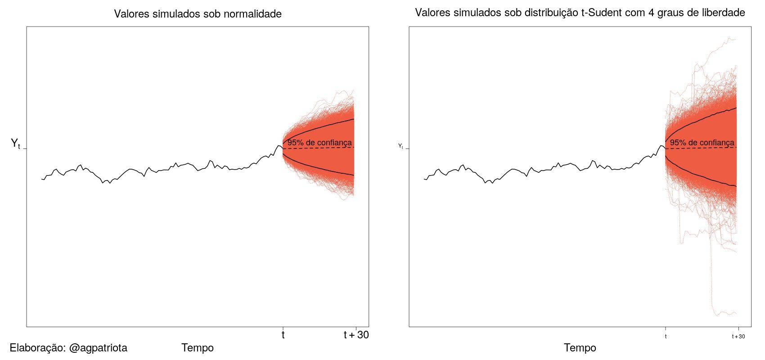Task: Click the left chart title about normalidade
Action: click(198, 14)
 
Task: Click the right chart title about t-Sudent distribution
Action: click(580, 13)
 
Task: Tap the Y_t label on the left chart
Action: click(15, 144)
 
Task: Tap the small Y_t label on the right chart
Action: click(400, 146)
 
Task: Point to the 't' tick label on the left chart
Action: click(283, 335)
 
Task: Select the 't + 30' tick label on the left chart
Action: click(356, 335)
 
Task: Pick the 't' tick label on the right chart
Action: click(666, 337)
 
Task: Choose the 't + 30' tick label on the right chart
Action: click(738, 337)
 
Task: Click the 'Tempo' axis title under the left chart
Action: click(198, 348)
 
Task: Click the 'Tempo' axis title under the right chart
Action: click(580, 348)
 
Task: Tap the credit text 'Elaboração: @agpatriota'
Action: click(68, 348)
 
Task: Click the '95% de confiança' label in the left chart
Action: click(319, 143)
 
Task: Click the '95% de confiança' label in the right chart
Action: click(702, 143)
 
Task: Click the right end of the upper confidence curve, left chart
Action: click(354, 119)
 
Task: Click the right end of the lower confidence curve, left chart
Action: click(354, 175)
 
